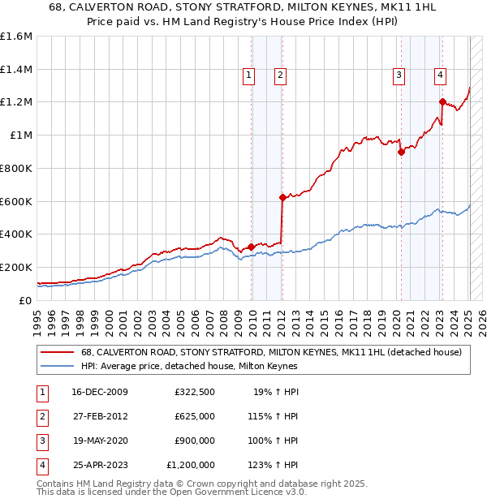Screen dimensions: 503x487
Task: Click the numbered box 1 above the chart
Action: pyautogui.click(x=248, y=76)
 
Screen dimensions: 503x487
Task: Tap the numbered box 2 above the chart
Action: pyautogui.click(x=279, y=76)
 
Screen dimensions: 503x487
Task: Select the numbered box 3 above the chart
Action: pyautogui.click(x=399, y=76)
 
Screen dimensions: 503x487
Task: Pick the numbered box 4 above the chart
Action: pyautogui.click(x=440, y=76)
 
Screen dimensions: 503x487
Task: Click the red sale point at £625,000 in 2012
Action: pyautogui.click(x=282, y=197)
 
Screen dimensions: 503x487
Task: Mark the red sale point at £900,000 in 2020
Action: pyautogui.click(x=401, y=152)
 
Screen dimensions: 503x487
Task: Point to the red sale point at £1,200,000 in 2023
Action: pyautogui.click(x=442, y=101)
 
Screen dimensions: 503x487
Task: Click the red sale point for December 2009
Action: pyautogui.click(x=252, y=247)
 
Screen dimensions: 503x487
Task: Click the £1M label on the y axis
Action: pyautogui.click(x=21, y=135)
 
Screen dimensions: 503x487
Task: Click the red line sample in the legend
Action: pyautogui.click(x=58, y=352)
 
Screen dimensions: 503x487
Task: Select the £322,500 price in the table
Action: pyautogui.click(x=194, y=392)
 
